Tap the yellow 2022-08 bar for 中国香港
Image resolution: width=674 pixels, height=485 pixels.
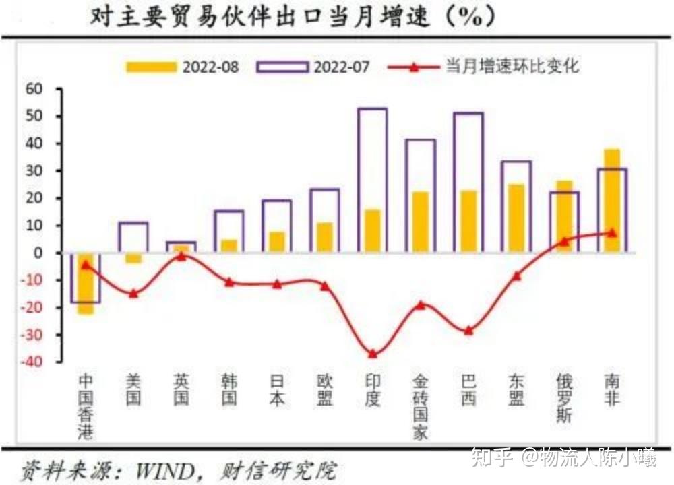[86, 283]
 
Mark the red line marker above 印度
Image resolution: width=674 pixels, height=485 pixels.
[373, 354]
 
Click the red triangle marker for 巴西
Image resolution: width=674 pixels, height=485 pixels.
[468, 331]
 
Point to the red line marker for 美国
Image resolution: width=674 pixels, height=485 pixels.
[133, 293]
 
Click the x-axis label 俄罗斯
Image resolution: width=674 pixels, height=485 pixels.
[564, 397]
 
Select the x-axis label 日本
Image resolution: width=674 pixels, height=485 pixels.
[276, 389]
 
